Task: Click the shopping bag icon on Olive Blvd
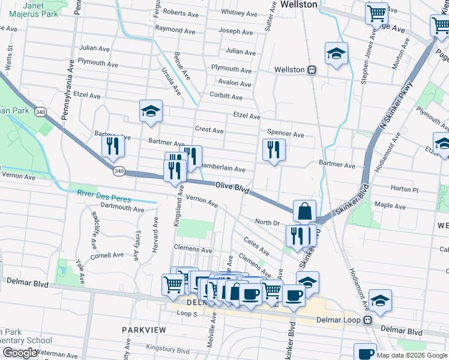[305, 211]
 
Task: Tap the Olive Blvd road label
[232, 188]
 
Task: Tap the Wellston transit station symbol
[312, 70]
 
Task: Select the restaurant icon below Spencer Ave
[274, 149]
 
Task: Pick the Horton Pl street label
[404, 189]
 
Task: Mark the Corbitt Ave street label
[226, 97]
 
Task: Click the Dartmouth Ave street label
[122, 209]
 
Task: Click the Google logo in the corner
[19, 353]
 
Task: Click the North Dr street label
[268, 223]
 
